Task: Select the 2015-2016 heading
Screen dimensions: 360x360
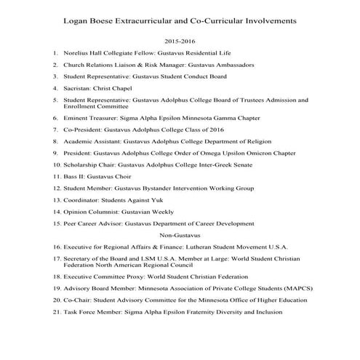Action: click(180, 42)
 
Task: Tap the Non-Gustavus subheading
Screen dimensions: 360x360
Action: click(180, 235)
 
